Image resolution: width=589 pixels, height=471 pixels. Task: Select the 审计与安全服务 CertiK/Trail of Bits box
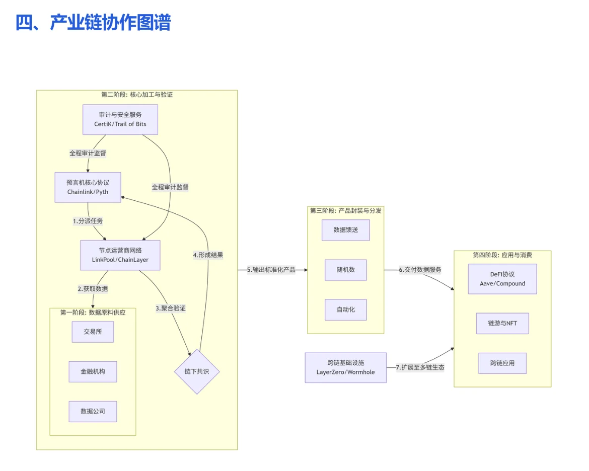click(120, 119)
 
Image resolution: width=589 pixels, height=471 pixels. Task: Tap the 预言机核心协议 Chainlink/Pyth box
click(88, 187)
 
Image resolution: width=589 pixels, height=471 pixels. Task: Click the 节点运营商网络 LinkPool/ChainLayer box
click(120, 255)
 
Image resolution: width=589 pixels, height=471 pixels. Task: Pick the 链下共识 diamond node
click(196, 371)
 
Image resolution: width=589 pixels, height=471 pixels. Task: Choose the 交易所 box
click(93, 332)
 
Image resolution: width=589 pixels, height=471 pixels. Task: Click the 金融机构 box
click(93, 371)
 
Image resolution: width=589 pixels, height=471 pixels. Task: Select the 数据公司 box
click(93, 411)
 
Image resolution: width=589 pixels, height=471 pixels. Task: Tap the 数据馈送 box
click(345, 230)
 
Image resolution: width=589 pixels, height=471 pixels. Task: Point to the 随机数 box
click(345, 270)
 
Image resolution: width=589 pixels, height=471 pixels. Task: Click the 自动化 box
click(345, 309)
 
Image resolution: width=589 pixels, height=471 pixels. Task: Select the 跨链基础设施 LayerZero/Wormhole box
click(345, 367)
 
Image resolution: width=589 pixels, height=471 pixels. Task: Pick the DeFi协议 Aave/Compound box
click(502, 279)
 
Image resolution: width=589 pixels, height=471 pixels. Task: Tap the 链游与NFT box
click(502, 323)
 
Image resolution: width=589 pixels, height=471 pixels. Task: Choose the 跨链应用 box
click(502, 363)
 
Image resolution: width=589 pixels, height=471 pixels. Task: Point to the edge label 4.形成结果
click(207, 255)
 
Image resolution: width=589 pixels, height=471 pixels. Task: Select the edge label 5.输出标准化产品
click(271, 270)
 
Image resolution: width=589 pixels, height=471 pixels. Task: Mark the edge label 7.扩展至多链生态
click(420, 367)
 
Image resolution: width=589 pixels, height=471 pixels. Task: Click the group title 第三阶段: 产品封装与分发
click(345, 211)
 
